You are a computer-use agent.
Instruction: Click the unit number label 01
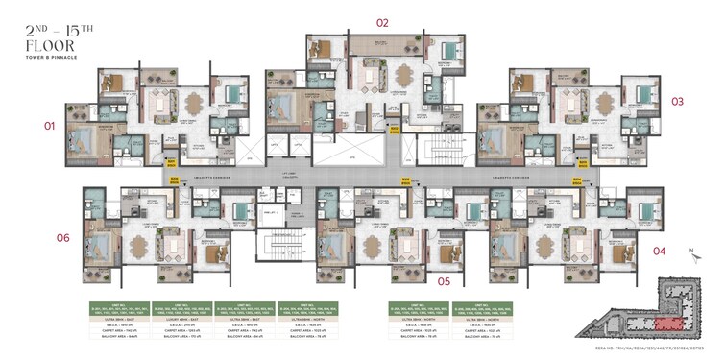pos(49,126)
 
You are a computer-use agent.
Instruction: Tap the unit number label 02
pos(382,22)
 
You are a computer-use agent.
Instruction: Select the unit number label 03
pos(677,101)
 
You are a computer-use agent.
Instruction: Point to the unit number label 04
pos(659,252)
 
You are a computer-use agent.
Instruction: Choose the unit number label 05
pos(444,281)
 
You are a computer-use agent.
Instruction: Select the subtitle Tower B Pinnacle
pos(54,58)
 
